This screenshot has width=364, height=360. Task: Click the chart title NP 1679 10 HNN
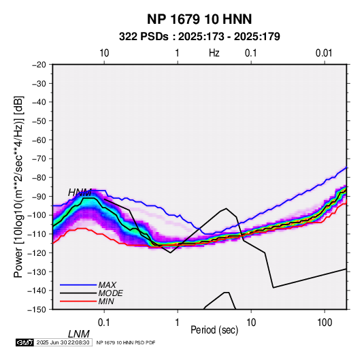pyautogui.click(x=199, y=19)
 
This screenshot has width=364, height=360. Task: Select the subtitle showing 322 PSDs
pyautogui.click(x=199, y=37)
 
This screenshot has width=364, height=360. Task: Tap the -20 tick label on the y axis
pyautogui.click(x=39, y=65)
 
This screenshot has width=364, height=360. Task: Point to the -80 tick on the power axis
pyautogui.click(x=39, y=178)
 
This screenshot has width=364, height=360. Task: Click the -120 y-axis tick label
pyautogui.click(x=37, y=252)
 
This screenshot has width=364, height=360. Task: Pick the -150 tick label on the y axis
pyautogui.click(x=37, y=310)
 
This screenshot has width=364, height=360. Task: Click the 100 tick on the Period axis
pyautogui.click(x=325, y=323)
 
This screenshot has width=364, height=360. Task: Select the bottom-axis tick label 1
pyautogui.click(x=178, y=323)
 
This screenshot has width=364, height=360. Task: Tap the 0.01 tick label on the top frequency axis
pyautogui.click(x=324, y=53)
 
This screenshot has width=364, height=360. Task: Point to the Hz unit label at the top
pyautogui.click(x=214, y=53)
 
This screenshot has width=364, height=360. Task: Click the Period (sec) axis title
pyautogui.click(x=214, y=330)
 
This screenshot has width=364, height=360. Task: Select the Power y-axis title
pyautogui.click(x=18, y=186)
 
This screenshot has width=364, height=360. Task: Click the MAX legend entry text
pyautogui.click(x=107, y=284)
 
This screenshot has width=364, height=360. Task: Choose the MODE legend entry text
pyautogui.click(x=110, y=293)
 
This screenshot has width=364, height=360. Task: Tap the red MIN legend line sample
pyautogui.click(x=78, y=301)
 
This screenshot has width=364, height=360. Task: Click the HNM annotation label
pyautogui.click(x=80, y=193)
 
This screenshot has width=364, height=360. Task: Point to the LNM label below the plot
pyautogui.click(x=79, y=334)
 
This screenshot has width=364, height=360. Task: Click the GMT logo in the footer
pyautogui.click(x=25, y=342)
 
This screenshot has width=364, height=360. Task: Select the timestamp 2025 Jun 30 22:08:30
pyautogui.click(x=63, y=342)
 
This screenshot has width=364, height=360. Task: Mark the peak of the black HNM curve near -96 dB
pyautogui.click(x=227, y=208)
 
